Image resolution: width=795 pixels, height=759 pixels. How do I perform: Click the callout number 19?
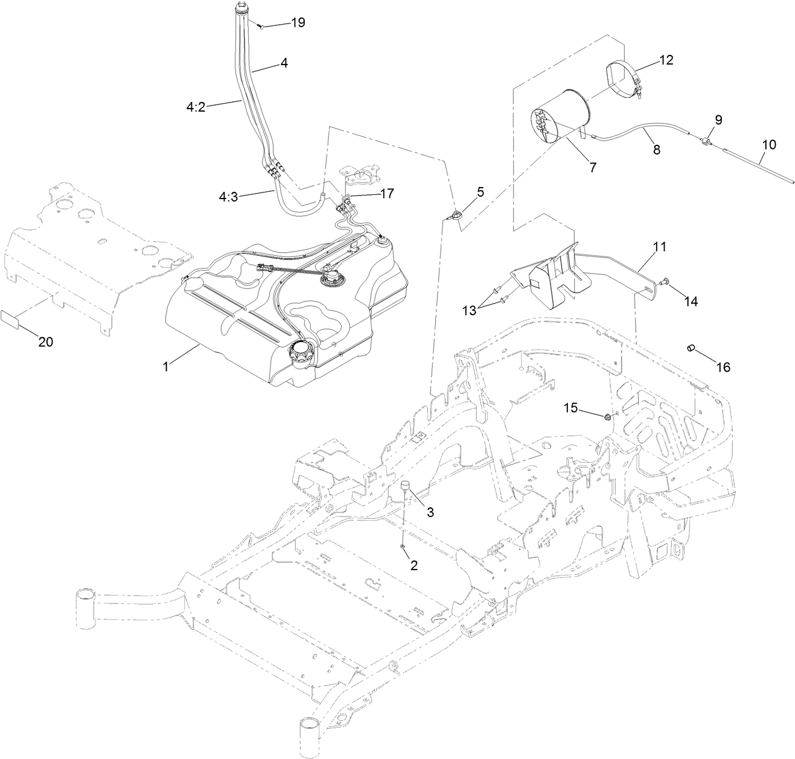tap(298, 23)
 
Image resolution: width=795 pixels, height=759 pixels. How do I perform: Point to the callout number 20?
tap(45, 341)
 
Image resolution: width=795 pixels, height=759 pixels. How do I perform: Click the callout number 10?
tap(769, 145)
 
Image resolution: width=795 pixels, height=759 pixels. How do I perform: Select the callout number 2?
tap(413, 565)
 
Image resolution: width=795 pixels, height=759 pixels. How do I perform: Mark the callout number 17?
tap(386, 194)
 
